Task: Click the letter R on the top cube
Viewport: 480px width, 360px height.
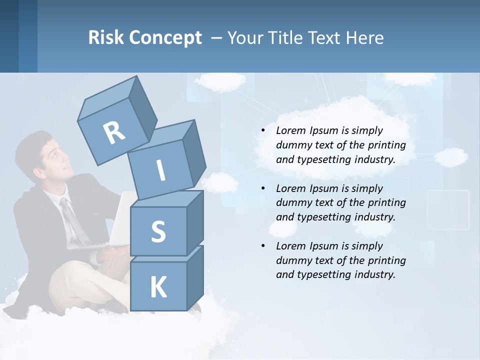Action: click(114, 132)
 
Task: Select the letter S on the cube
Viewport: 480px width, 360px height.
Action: click(158, 231)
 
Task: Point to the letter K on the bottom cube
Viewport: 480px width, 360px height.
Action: click(158, 287)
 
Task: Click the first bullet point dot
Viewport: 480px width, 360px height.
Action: click(263, 130)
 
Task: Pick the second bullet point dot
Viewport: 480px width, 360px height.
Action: click(263, 188)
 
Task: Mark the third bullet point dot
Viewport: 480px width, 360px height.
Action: click(263, 246)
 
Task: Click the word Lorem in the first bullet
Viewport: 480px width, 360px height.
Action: click(290, 130)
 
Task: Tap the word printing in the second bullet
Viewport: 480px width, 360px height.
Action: click(386, 202)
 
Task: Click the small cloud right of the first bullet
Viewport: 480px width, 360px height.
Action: click(451, 157)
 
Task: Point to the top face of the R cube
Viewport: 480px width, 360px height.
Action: click(107, 97)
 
